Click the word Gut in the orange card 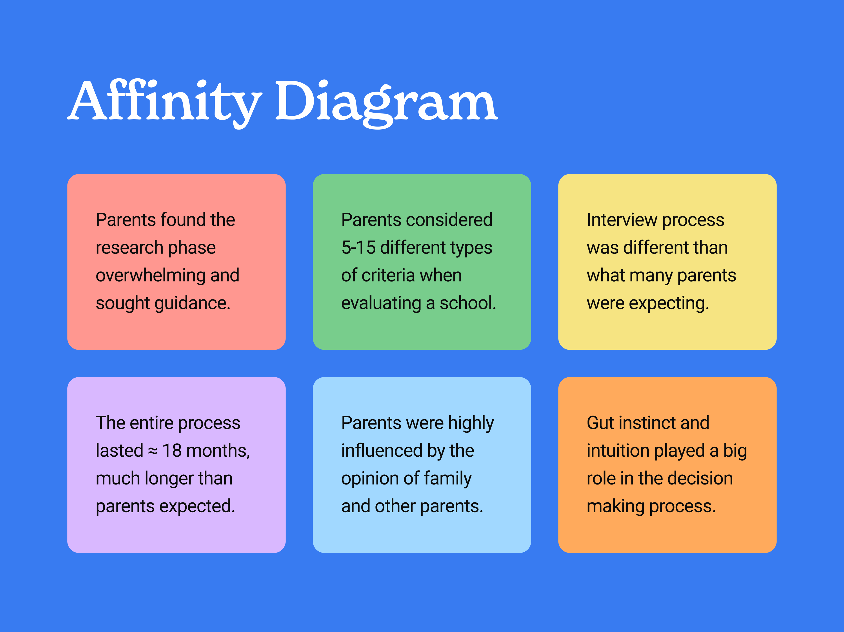point(600,423)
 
